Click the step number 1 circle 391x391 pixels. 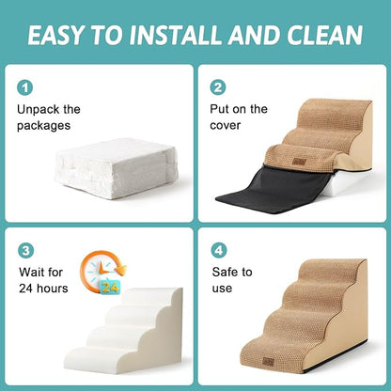click(25, 86)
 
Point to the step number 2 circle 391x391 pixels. click(218, 86)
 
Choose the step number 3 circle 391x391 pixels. click(25, 251)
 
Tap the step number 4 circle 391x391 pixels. click(218, 251)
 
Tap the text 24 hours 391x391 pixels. click(42, 289)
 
